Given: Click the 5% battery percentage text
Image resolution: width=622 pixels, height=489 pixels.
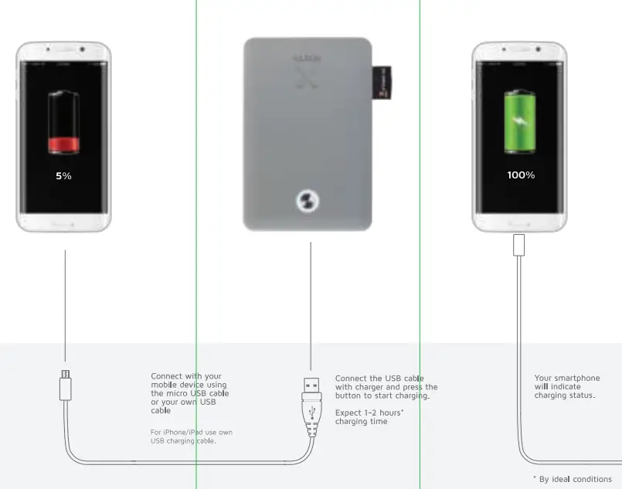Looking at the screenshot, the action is (63, 176).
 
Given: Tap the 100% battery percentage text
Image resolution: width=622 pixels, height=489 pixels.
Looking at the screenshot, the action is (521, 175).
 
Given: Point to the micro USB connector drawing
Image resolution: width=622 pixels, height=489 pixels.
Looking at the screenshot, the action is (66, 384).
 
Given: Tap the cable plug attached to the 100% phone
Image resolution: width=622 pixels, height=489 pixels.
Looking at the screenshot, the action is (518, 244).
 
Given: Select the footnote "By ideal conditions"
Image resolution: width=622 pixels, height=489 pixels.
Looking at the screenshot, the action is (575, 479).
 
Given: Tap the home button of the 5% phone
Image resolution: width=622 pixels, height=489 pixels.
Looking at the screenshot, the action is (63, 222).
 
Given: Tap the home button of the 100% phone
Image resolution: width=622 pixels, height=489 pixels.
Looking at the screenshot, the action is (519, 222).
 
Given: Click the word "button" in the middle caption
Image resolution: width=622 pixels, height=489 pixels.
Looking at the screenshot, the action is (348, 396).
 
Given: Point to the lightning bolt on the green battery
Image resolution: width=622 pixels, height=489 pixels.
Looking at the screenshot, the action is (520, 124).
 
